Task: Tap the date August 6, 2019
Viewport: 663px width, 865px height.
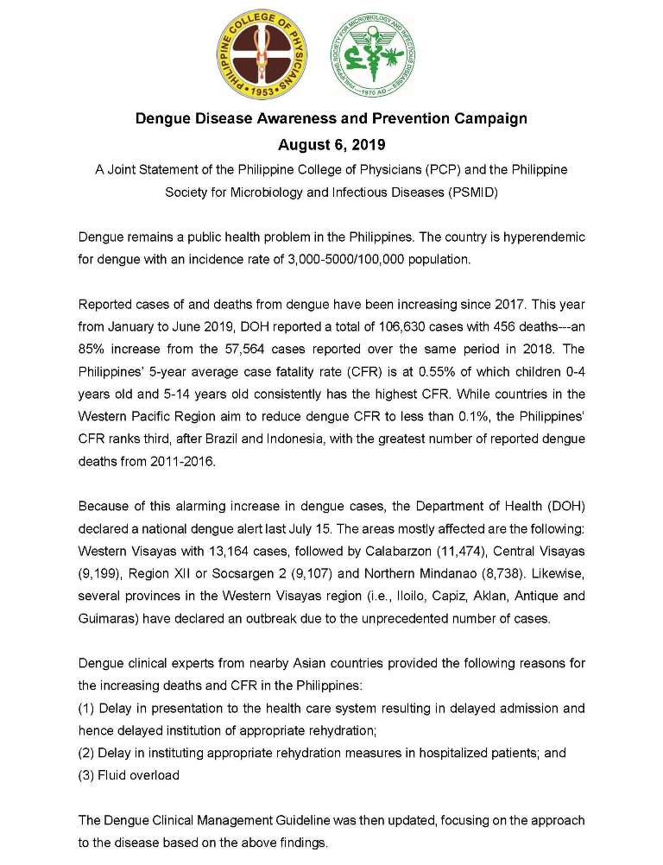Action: [x=331, y=144]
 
